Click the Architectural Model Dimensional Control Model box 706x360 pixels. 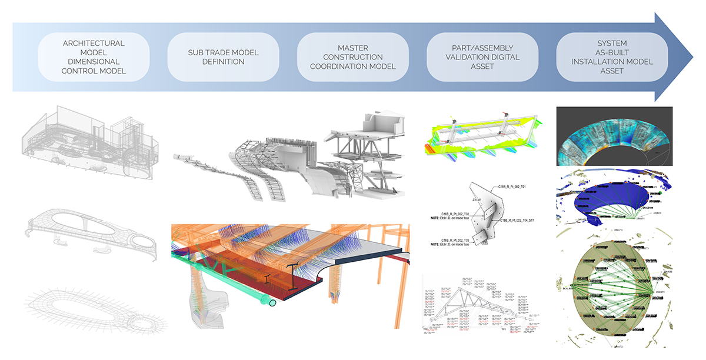pos(94,58)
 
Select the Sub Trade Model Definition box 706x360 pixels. pos(223,58)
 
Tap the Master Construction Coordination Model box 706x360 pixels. pos(352,57)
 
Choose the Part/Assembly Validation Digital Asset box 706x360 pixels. pos(482,57)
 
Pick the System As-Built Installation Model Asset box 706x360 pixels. pos(611,57)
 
